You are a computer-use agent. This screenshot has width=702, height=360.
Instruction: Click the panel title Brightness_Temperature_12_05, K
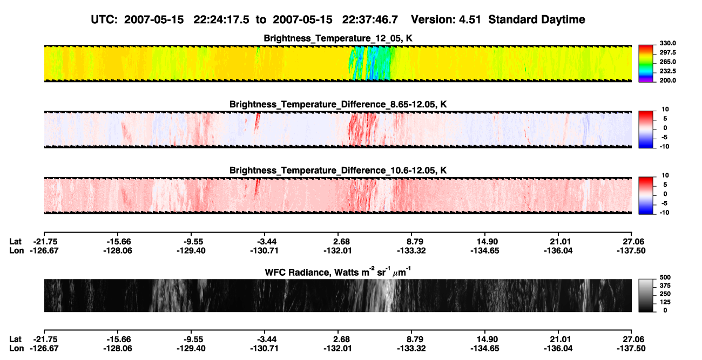pyautogui.click(x=338, y=38)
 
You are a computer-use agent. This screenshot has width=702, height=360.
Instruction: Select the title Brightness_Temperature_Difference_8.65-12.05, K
pyautogui.click(x=338, y=104)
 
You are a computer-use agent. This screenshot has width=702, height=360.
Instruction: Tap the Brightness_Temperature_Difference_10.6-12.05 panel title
pyautogui.click(x=338, y=171)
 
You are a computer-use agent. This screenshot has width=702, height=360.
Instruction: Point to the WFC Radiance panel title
pyautogui.click(x=338, y=272)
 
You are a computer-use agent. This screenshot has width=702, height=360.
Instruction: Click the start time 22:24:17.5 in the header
pyautogui.click(x=221, y=20)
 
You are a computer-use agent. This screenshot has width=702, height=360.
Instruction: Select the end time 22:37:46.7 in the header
pyautogui.click(x=370, y=20)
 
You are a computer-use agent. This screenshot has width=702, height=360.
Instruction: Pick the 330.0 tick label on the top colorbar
pyautogui.click(x=667, y=43)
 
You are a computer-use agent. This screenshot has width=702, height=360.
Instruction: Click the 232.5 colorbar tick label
pyautogui.click(x=667, y=71)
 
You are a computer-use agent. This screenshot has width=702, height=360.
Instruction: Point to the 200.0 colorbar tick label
pyautogui.click(x=667, y=80)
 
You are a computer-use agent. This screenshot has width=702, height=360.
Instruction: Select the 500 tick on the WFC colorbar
pyautogui.click(x=665, y=277)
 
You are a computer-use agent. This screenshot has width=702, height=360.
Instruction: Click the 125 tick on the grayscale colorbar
pyautogui.click(x=665, y=302)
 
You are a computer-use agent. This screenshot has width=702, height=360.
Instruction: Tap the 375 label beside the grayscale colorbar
pyautogui.click(x=665, y=286)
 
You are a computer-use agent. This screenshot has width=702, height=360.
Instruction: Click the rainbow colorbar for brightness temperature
pyautogui.click(x=646, y=64)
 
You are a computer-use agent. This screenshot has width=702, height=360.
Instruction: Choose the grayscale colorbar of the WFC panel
pyautogui.click(x=646, y=295)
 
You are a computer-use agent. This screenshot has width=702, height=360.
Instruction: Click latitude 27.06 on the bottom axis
pyautogui.click(x=631, y=339)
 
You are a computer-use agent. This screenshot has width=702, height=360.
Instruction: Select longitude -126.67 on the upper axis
pyautogui.click(x=44, y=251)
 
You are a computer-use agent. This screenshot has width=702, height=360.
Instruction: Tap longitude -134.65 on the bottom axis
pyautogui.click(x=484, y=349)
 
